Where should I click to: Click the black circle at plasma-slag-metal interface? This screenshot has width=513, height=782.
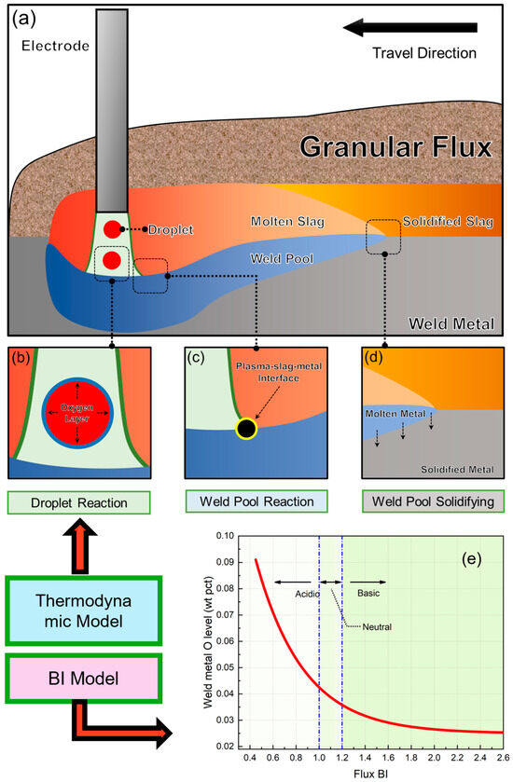(x=246, y=428)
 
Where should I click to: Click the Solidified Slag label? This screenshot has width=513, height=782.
(x=441, y=223)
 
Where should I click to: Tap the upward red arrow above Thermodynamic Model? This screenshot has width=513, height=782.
(x=87, y=554)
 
